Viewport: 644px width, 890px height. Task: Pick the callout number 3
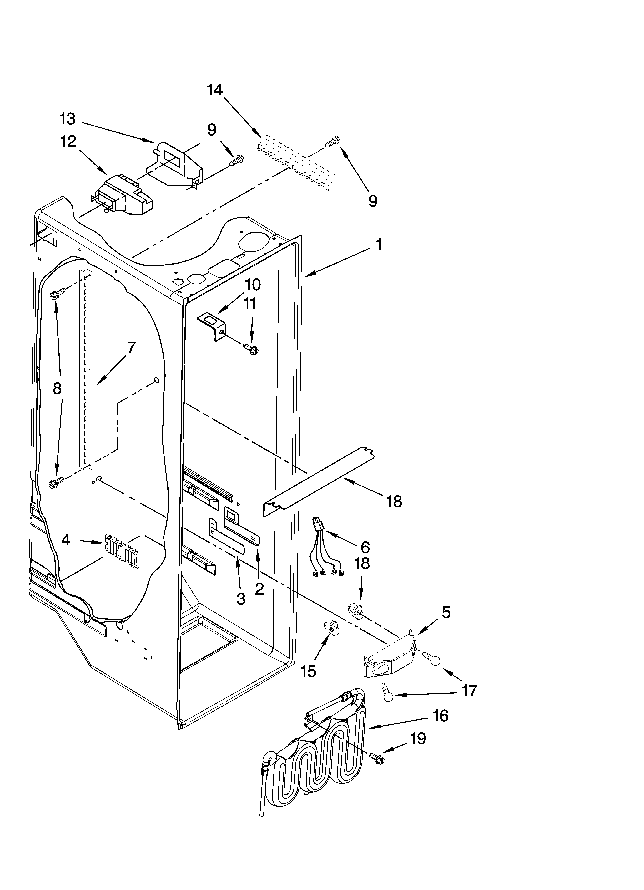pos(241,599)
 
